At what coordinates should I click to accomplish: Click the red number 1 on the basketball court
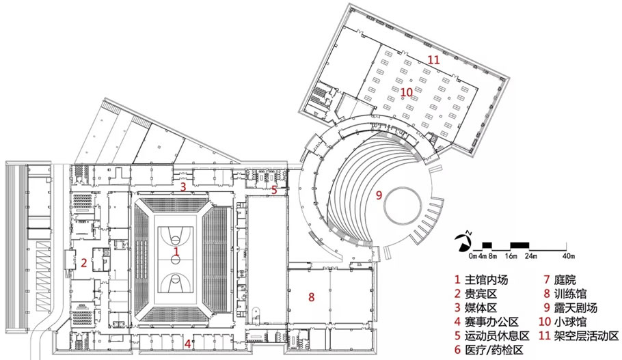176,252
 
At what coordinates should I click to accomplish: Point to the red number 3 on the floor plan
182,186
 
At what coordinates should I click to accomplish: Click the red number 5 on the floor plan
273,190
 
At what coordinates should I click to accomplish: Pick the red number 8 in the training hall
312,296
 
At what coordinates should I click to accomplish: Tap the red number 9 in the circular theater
378,195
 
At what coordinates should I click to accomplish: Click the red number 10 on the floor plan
407,92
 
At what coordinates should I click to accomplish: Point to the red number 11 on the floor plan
433,59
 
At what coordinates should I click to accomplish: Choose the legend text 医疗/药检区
493,350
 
